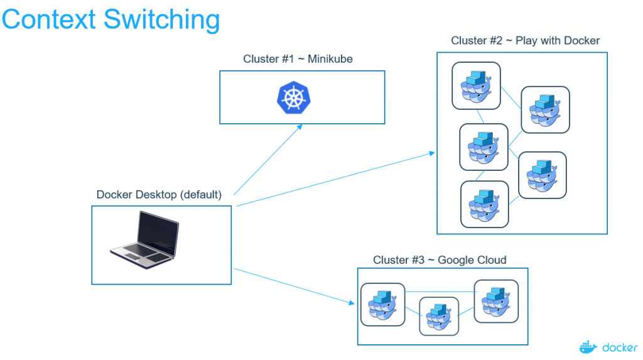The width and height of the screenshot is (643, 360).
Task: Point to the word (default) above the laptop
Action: (x=201, y=195)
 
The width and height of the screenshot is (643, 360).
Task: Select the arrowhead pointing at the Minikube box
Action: (x=300, y=126)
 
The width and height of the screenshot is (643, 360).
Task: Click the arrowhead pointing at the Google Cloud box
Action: (x=352, y=303)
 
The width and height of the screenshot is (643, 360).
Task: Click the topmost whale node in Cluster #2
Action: (x=476, y=85)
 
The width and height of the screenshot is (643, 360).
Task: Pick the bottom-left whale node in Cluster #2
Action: (x=484, y=204)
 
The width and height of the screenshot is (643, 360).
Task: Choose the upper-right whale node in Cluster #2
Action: (x=545, y=110)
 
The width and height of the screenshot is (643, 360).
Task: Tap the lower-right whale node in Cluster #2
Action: (x=542, y=175)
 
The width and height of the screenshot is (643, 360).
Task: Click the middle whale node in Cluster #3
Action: (x=439, y=317)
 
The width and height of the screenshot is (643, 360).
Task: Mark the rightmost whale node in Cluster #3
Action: (x=496, y=302)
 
